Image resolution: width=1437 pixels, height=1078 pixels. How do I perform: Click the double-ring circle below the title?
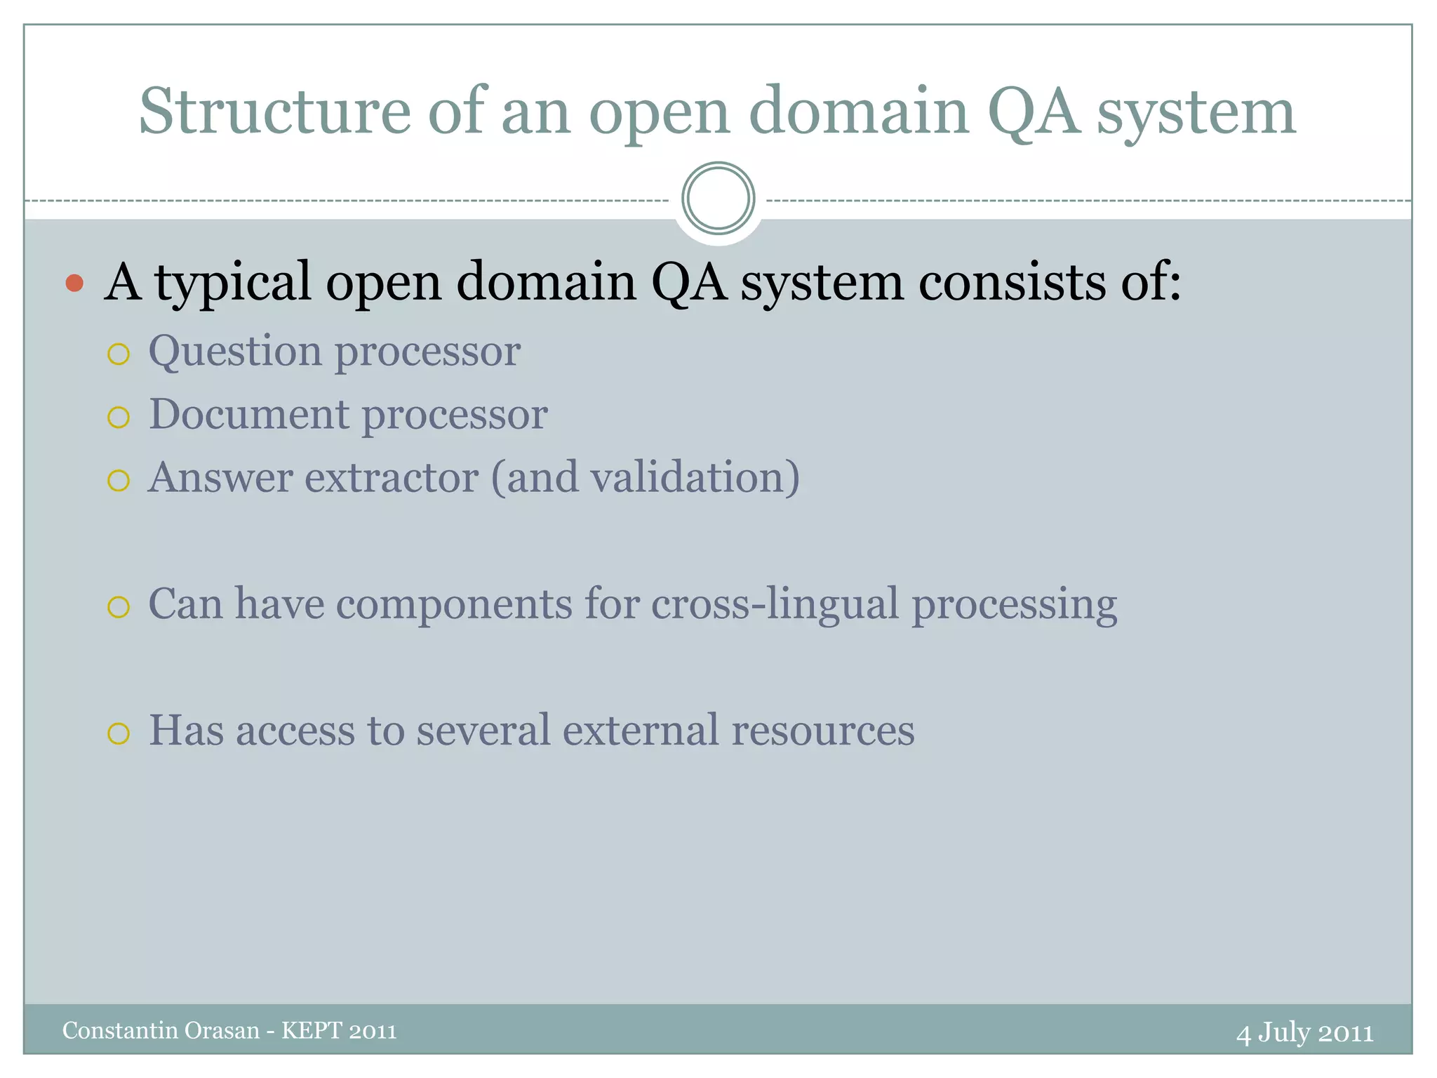718,199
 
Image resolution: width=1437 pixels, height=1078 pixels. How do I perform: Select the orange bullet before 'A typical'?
74,284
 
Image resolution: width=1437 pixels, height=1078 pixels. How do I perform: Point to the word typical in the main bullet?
232,282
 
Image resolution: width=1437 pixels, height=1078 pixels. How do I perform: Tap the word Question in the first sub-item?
234,351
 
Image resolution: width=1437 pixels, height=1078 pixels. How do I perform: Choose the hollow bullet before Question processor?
119,354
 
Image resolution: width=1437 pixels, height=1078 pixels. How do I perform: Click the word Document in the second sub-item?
248,414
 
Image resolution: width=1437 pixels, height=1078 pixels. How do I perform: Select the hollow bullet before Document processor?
119,418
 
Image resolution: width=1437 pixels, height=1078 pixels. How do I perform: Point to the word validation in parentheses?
688,477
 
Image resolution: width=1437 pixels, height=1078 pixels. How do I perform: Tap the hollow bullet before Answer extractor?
119,481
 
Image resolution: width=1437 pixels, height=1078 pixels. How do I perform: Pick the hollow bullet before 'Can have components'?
119,607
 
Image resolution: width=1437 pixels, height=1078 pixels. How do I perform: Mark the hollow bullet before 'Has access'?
119,733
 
